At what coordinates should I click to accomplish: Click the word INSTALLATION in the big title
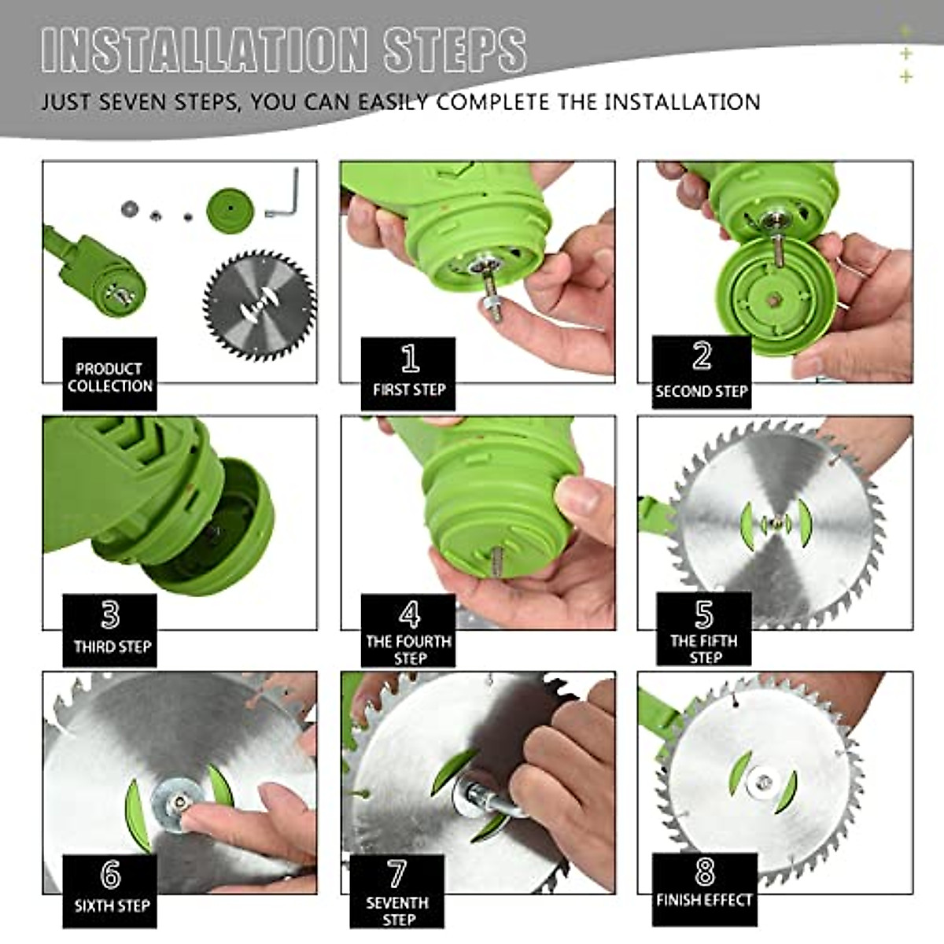[x=203, y=51]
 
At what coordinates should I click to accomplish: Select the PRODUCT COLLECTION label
[x=109, y=378]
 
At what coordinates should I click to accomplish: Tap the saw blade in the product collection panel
[x=259, y=306]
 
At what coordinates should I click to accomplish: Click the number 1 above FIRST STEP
[x=410, y=358]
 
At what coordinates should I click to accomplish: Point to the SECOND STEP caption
[x=702, y=392]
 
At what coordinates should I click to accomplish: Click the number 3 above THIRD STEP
[x=110, y=615]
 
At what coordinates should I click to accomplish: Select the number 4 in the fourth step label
[x=409, y=614]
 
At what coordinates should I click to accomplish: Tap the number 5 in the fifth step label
[x=704, y=614]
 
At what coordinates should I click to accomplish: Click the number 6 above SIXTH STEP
[x=110, y=873]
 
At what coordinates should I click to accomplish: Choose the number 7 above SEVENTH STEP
[x=396, y=873]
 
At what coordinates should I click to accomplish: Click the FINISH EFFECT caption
[x=704, y=900]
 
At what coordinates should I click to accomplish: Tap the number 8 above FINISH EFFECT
[x=704, y=872]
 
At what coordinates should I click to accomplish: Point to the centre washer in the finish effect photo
[x=763, y=781]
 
